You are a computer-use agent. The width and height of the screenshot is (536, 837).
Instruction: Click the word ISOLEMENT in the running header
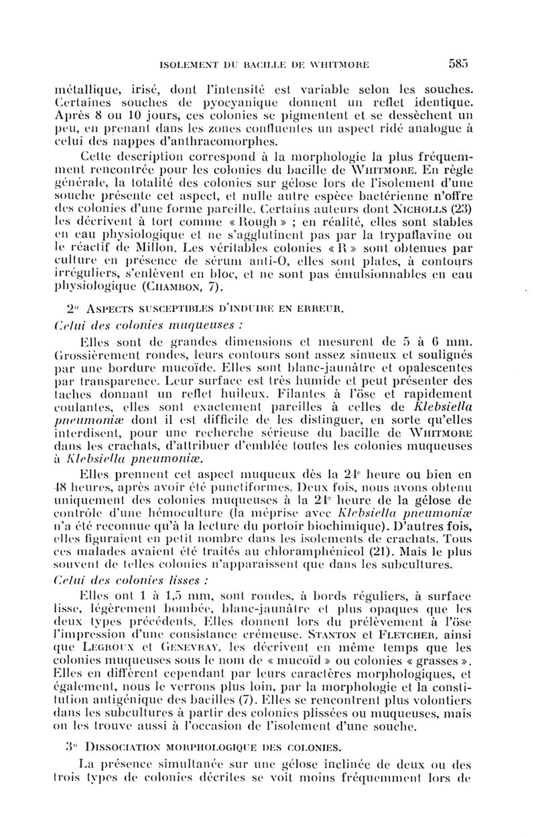[191, 66]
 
